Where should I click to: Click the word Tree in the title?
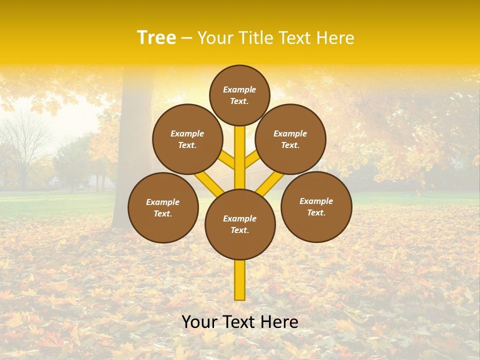point(156,38)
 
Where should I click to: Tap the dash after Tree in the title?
point(186,38)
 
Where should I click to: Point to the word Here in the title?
point(334,38)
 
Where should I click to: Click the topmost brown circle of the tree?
point(239,95)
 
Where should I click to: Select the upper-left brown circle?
point(187,139)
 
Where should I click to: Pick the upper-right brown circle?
point(290,139)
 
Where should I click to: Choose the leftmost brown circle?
point(163,207)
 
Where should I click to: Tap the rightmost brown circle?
point(316,206)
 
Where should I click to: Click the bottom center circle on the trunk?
point(240,224)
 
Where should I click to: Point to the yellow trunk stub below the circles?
point(240,280)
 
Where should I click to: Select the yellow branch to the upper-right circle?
point(252,159)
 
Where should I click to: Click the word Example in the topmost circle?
point(239,90)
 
